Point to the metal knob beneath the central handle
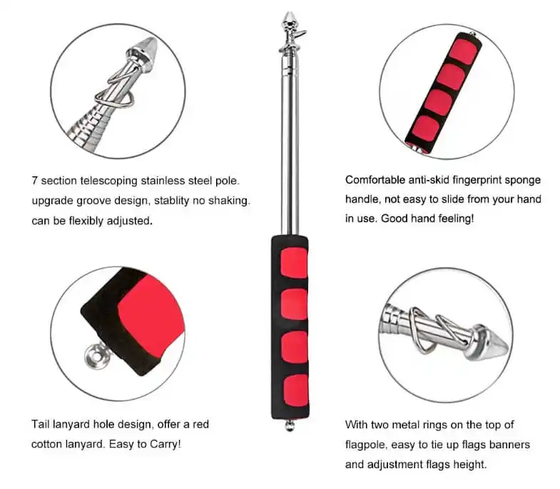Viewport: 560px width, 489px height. [290, 427]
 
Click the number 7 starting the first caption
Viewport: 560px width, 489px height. [34, 181]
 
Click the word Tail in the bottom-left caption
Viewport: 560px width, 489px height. [41, 424]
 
